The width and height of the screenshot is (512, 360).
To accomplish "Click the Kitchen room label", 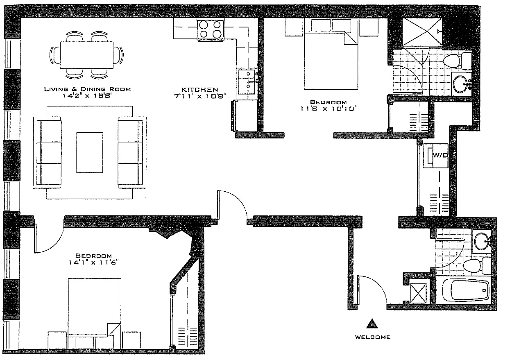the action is click(200, 89).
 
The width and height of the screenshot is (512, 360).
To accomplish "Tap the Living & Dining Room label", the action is click(87, 89).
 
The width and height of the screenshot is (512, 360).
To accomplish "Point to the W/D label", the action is click(440, 155).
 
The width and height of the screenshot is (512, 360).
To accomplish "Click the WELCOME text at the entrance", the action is click(373, 337).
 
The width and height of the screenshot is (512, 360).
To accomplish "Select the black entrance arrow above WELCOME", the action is click(372, 324).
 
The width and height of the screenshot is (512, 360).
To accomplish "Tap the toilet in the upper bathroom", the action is click(457, 61).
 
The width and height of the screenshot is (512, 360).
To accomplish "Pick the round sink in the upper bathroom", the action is click(460, 84).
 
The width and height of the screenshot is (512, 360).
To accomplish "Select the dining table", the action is click(86, 55).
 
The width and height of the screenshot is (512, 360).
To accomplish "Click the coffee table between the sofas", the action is click(90, 152).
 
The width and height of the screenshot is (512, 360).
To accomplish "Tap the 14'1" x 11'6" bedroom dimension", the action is click(94, 263).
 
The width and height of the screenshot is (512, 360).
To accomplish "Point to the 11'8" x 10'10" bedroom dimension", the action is click(328, 109).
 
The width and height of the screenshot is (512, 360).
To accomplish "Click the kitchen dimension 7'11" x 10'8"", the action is click(200, 96).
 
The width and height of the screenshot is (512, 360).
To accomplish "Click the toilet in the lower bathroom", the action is click(477, 266).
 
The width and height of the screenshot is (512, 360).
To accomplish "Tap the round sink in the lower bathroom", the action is click(482, 241).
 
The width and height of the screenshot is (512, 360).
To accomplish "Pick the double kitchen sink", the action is click(247, 82).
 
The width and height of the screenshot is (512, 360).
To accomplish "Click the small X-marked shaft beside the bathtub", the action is click(418, 293).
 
